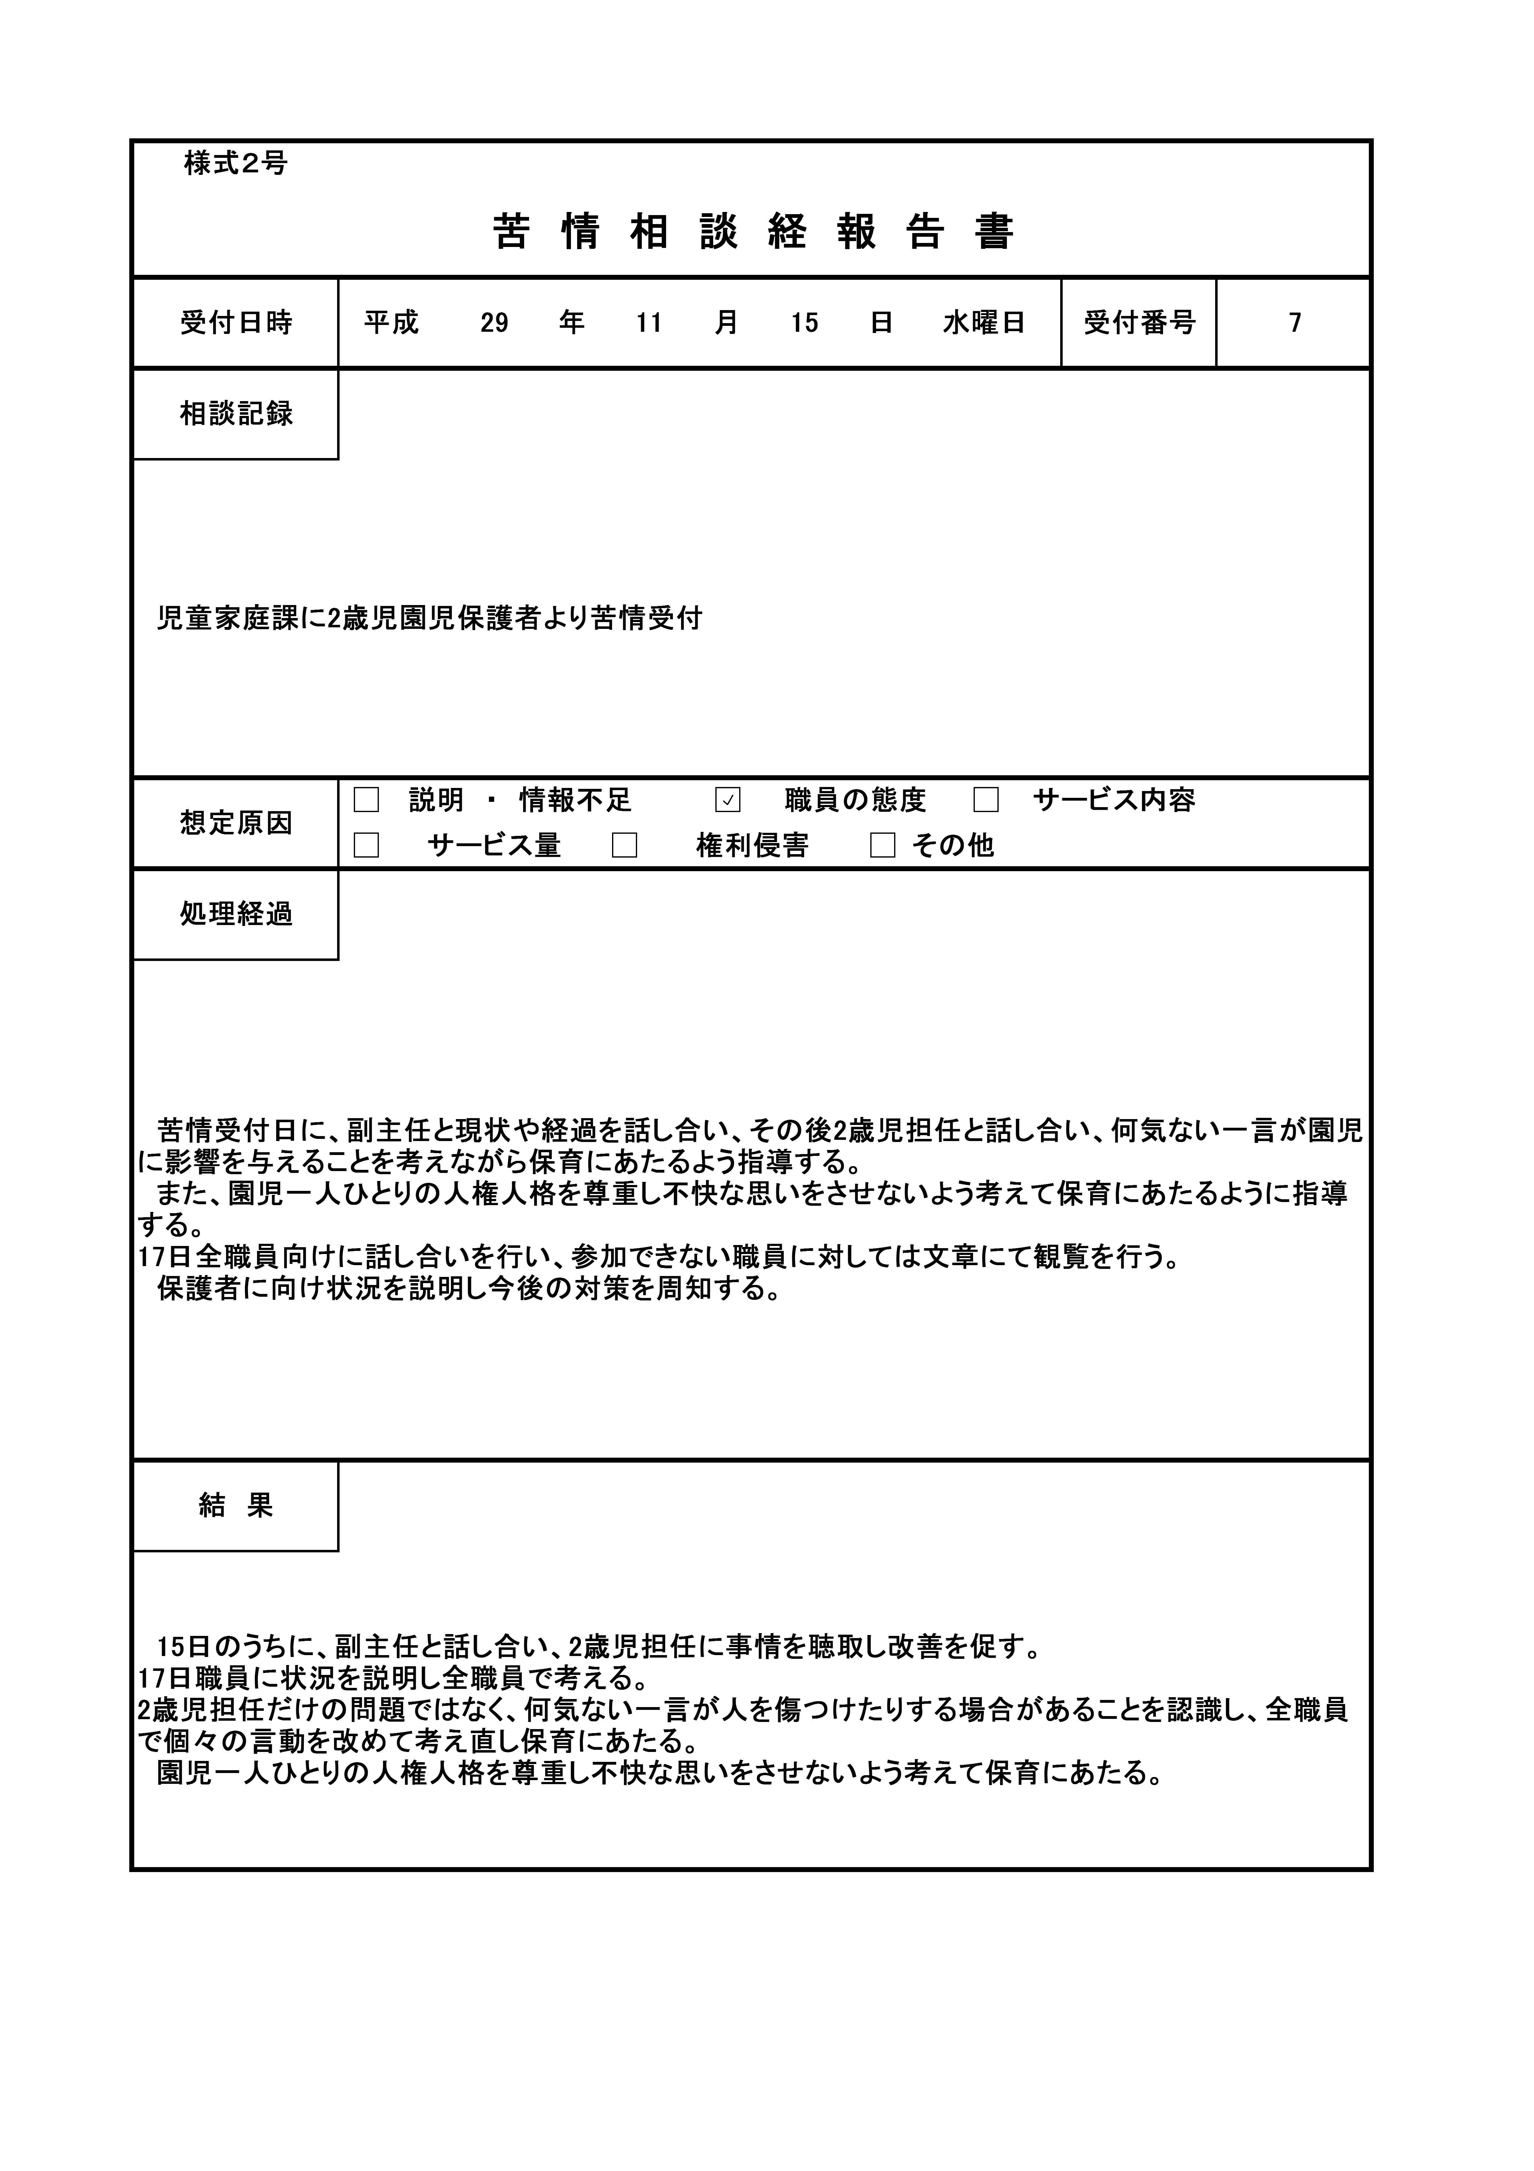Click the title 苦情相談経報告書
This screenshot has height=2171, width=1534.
tap(753, 232)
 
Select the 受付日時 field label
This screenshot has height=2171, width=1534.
tap(236, 323)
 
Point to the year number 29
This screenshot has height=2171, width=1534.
tap(494, 323)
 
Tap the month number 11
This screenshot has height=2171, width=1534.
tap(649, 323)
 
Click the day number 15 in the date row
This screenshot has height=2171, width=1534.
tap(804, 323)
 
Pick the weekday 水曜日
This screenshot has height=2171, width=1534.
tap(984, 323)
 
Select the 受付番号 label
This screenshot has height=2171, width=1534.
tap(1140, 323)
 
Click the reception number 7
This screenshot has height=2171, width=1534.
tap(1295, 323)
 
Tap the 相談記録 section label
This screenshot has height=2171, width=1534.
tap(236, 414)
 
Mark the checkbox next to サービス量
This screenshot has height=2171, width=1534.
tap(367, 845)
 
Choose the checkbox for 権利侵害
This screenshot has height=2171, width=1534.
tap(624, 845)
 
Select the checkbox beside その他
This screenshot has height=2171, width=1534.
tap(883, 845)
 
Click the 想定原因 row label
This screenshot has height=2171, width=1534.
tap(236, 823)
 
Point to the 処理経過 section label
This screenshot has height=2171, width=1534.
tap(236, 914)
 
